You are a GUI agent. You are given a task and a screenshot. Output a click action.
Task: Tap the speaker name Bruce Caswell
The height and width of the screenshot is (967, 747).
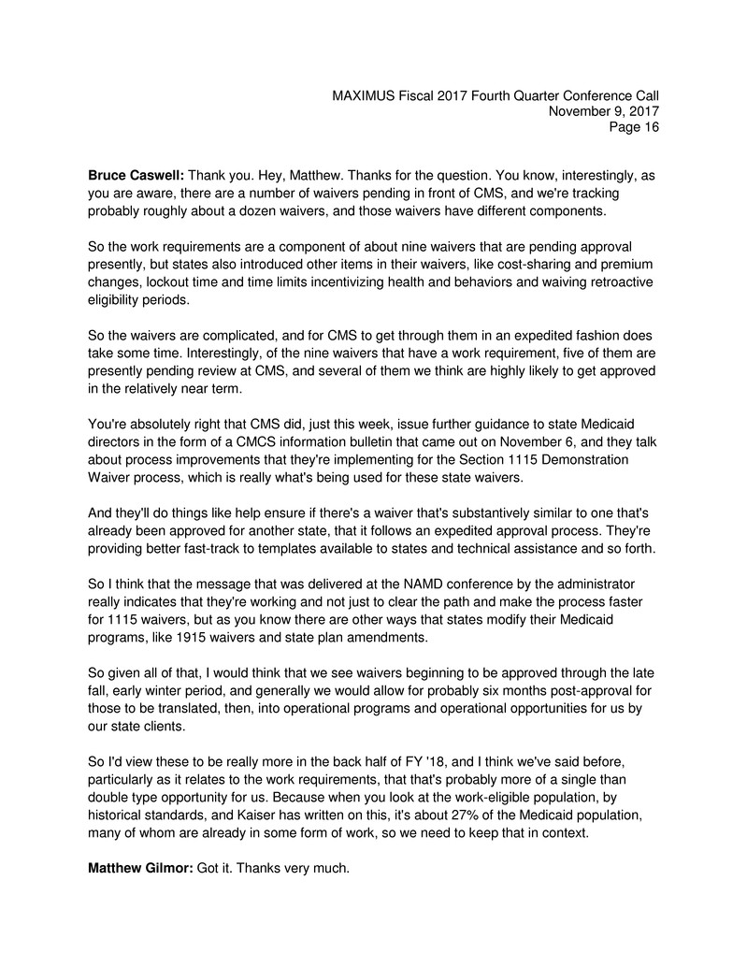(136, 176)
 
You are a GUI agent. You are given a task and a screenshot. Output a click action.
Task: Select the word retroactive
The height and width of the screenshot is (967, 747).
(617, 281)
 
